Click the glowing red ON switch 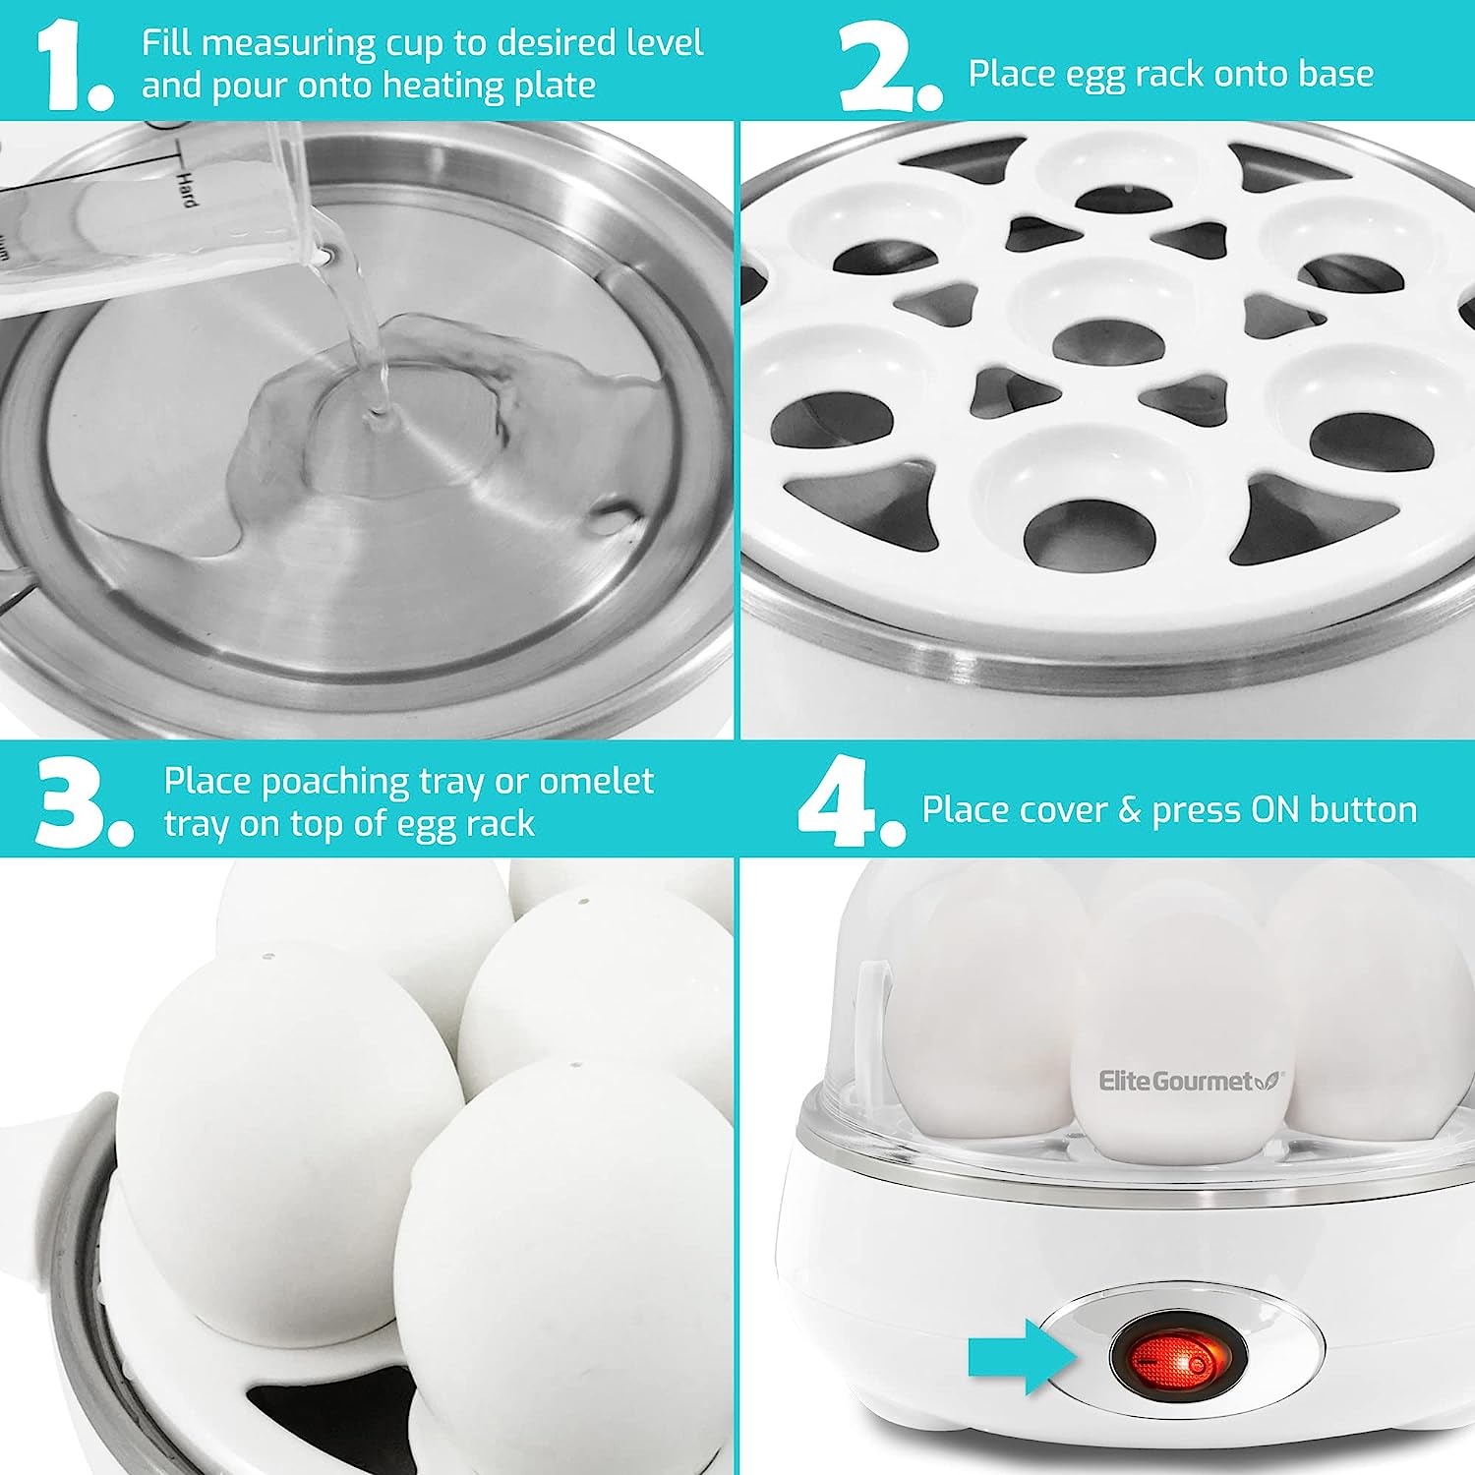pyautogui.click(x=1178, y=1360)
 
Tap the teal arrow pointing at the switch pyautogui.click(x=1024, y=1357)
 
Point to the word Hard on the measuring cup pyautogui.click(x=186, y=187)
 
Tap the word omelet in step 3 pyautogui.click(x=596, y=781)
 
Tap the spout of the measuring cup pyautogui.click(x=324, y=255)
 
